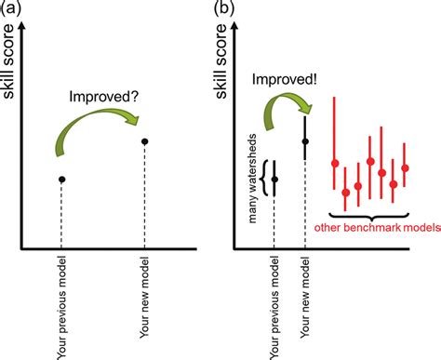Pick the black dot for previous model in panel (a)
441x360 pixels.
click(x=61, y=179)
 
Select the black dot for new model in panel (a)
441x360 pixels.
click(x=144, y=141)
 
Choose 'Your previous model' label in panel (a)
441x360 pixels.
click(x=61, y=303)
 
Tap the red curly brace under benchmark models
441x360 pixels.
click(x=370, y=216)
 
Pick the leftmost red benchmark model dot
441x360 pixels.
click(x=335, y=164)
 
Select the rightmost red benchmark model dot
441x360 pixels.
click(x=405, y=167)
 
